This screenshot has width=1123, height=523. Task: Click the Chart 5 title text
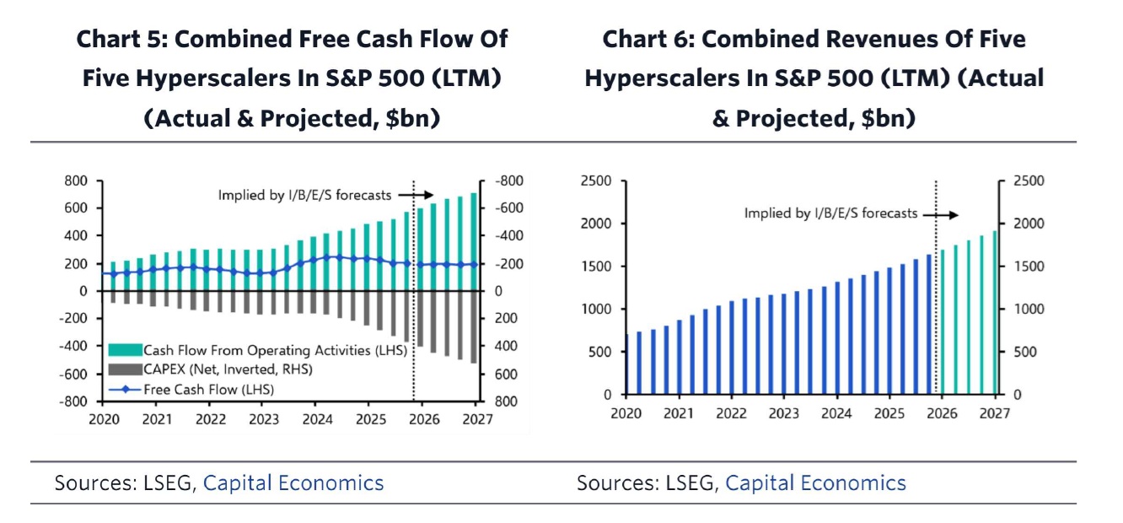292,78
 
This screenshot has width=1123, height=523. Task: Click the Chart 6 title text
814,78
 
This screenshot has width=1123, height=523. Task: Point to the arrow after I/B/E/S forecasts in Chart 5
416,195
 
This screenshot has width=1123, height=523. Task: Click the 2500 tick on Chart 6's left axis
594,181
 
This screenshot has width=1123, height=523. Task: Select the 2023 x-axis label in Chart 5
263,420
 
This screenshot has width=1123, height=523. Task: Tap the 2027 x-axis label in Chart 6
996,413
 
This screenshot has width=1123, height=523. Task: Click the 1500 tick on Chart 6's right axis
1028,267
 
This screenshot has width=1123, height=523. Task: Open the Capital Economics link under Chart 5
293,483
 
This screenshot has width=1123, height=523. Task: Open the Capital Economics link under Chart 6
815,483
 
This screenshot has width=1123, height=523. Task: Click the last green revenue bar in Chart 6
995,313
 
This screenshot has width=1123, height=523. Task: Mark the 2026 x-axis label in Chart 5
424,420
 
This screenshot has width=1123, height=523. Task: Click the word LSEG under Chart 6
689,483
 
